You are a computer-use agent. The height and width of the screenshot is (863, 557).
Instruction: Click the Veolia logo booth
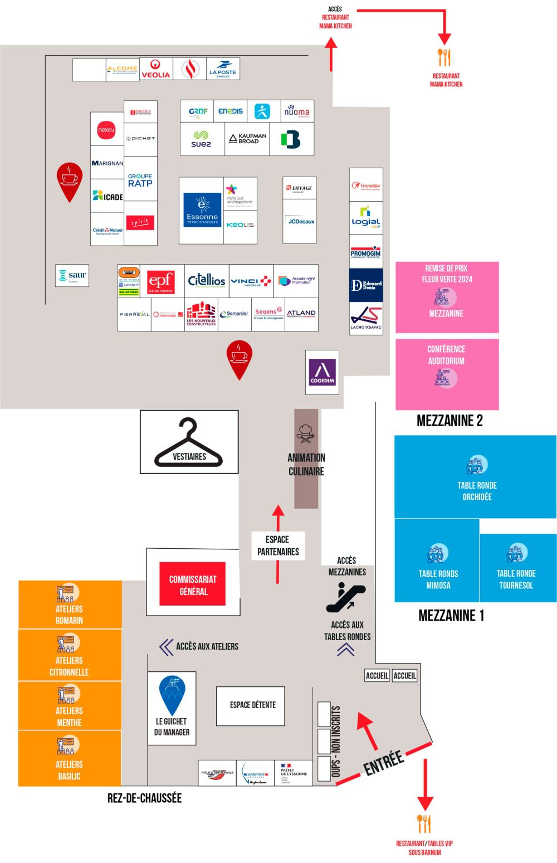156,69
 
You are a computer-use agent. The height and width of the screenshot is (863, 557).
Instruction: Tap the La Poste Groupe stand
223,69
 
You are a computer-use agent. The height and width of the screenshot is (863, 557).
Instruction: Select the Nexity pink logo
106,130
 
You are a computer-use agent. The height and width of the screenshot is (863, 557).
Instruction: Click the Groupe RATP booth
140,180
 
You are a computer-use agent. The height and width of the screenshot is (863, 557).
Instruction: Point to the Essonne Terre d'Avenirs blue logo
202,210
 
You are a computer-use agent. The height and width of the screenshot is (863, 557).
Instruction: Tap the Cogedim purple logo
322,372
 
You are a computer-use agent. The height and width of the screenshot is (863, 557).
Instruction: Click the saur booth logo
72,275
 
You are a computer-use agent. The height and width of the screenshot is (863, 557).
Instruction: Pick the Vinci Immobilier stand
251,281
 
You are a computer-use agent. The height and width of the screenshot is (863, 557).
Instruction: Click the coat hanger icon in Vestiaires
189,443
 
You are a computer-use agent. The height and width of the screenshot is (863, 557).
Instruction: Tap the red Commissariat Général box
193,584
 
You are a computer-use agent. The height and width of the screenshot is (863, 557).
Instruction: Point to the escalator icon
345,597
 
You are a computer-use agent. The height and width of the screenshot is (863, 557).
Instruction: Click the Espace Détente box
253,705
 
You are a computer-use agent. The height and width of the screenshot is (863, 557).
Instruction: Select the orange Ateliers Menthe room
70,705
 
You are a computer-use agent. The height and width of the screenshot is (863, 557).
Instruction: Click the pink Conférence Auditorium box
447,374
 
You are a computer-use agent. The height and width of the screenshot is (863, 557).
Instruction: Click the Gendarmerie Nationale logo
255,774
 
